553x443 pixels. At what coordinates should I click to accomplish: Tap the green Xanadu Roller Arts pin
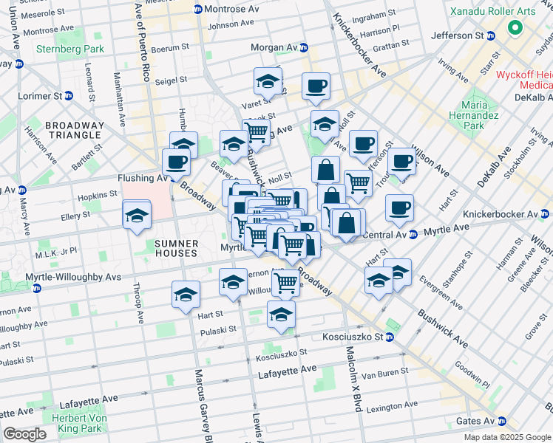tap(515, 30)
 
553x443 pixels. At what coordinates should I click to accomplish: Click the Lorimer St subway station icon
tap(69, 96)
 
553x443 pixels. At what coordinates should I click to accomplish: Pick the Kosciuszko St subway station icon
tap(390, 337)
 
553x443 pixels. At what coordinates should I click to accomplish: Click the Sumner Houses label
tap(176, 248)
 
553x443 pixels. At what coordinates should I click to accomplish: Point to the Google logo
tap(25, 434)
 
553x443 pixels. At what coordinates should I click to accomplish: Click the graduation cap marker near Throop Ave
tap(137, 216)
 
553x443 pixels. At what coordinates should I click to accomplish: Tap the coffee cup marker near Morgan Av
tap(316, 86)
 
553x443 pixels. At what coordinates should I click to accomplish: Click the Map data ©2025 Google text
tap(507, 437)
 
